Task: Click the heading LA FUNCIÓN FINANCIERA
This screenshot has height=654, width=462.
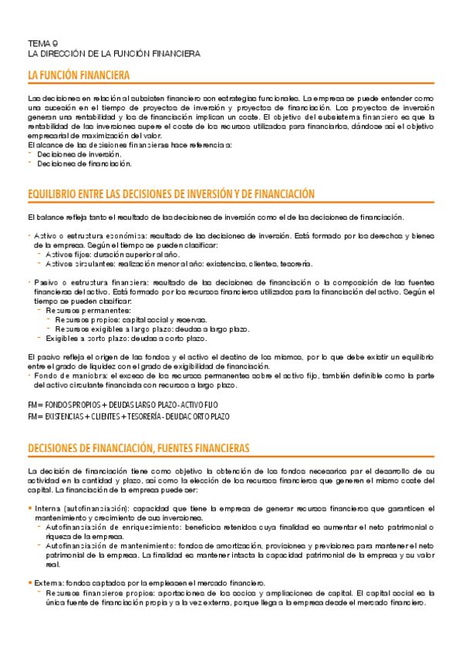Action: [x=78, y=75]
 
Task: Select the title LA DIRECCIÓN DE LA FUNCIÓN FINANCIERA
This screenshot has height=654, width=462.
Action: [x=113, y=54]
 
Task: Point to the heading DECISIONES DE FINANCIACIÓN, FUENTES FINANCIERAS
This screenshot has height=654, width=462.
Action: [x=138, y=447]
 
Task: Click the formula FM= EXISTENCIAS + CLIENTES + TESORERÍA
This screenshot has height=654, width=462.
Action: [x=128, y=416]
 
